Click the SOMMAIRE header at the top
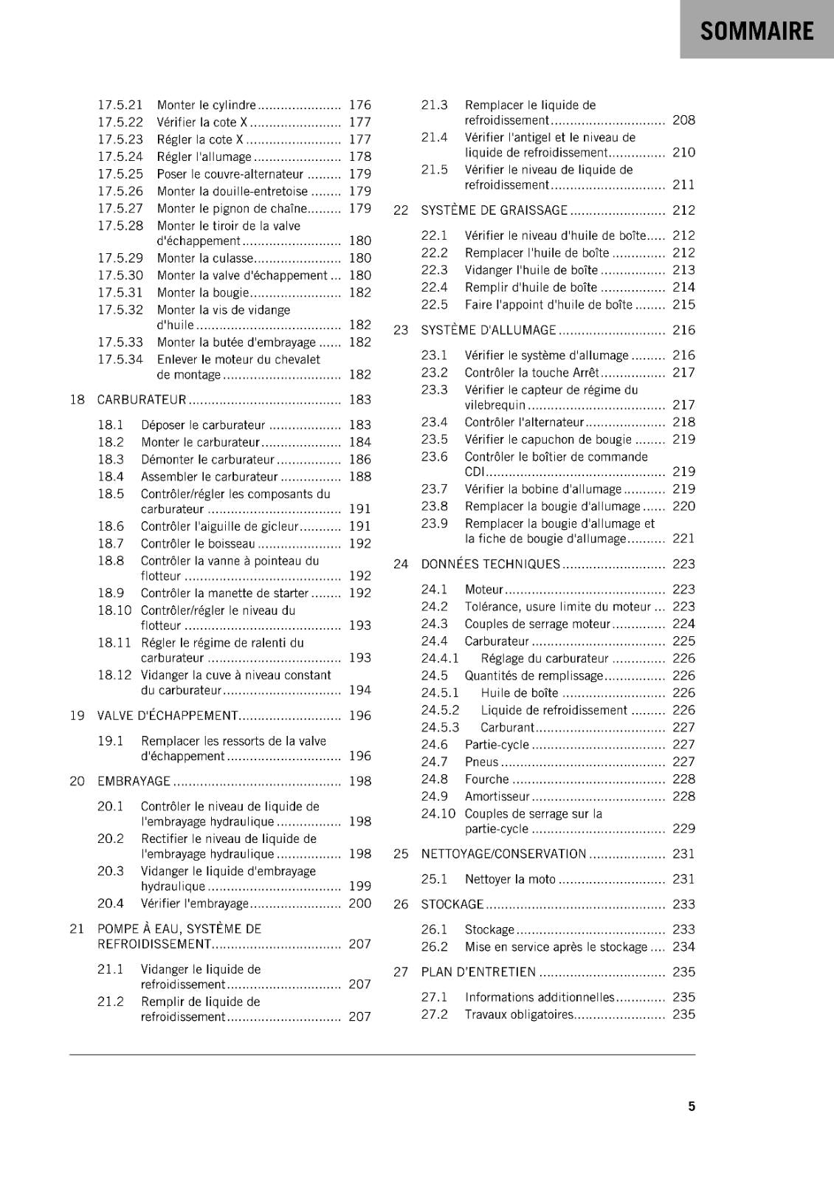point(757,31)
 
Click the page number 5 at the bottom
point(692,1106)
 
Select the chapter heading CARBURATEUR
point(142,399)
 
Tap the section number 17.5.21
point(120,105)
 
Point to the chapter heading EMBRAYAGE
point(134,781)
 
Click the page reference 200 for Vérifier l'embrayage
point(360,903)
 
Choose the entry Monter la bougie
point(203,292)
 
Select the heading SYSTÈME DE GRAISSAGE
point(494,210)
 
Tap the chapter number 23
point(401,330)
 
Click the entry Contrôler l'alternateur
point(524,422)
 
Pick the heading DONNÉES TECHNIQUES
point(490,564)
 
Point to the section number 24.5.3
point(440,727)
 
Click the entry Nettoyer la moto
point(510,879)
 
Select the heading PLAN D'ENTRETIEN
point(478,972)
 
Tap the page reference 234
point(683,946)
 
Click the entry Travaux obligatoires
point(519,1014)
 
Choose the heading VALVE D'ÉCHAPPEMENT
point(168,715)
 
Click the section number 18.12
point(114,675)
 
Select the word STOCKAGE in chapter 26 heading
point(452,904)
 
